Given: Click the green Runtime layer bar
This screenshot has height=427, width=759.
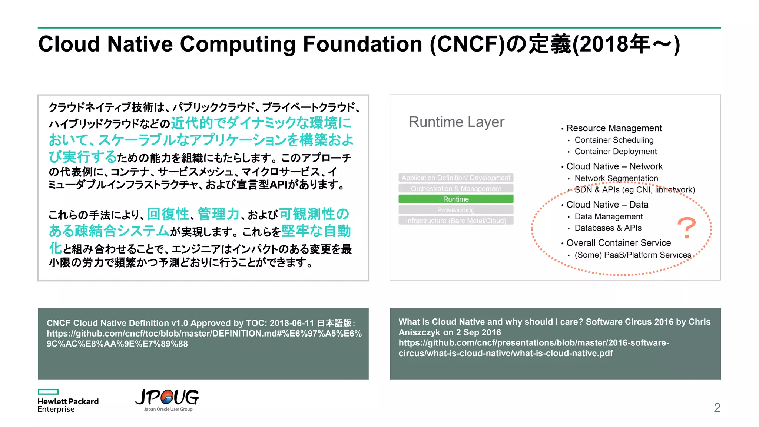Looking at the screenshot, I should pos(456,199).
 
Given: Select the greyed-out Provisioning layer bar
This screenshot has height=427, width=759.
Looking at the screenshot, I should pos(456,210).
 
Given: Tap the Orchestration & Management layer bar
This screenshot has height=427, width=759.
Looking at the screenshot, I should pos(456,188).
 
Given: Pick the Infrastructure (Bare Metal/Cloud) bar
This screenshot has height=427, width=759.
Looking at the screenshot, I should pos(456,221).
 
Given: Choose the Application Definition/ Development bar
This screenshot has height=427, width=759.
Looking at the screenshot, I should pos(456,178).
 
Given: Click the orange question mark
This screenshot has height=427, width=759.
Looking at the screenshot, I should pos(686,228).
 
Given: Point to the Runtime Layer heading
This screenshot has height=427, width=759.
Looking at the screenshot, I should pos(456,122).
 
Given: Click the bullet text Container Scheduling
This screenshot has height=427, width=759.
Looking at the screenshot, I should pos(614,140).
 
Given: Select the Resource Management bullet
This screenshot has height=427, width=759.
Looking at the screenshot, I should pos(614,128).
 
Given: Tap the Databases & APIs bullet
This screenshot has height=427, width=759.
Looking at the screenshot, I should pos(608,228).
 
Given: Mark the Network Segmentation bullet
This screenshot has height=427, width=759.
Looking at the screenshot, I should pos(616,178).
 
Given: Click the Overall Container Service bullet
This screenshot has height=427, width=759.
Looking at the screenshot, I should pos(618,243).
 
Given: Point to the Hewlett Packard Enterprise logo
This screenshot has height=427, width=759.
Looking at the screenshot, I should pos(68,401).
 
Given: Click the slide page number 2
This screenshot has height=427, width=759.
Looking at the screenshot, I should pos(717,408).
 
